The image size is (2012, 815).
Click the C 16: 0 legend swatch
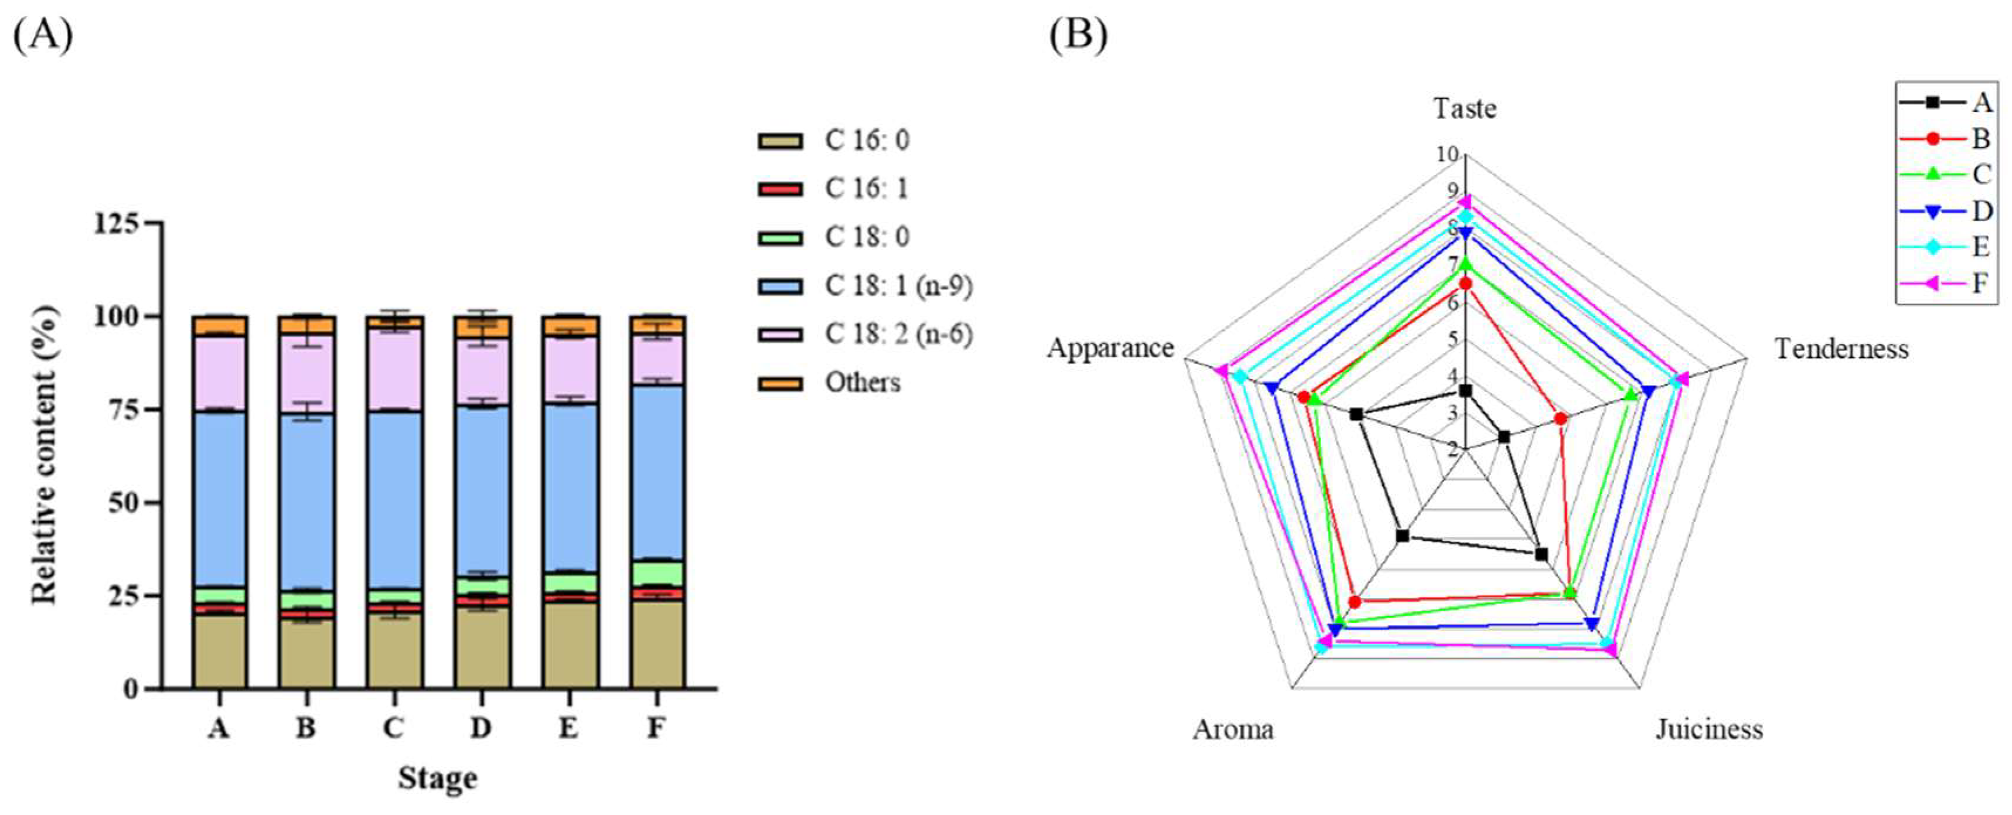(779, 141)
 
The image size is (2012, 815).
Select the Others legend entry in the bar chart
(862, 383)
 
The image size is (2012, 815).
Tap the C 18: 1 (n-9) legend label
(898, 286)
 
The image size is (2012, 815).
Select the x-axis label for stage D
(481, 728)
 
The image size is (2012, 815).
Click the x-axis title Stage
(438, 778)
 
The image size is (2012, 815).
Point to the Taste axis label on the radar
(1465, 108)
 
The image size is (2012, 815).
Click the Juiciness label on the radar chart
(1709, 729)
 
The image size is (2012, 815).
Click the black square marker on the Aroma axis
(1403, 536)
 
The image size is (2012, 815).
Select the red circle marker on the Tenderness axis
(1560, 419)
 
